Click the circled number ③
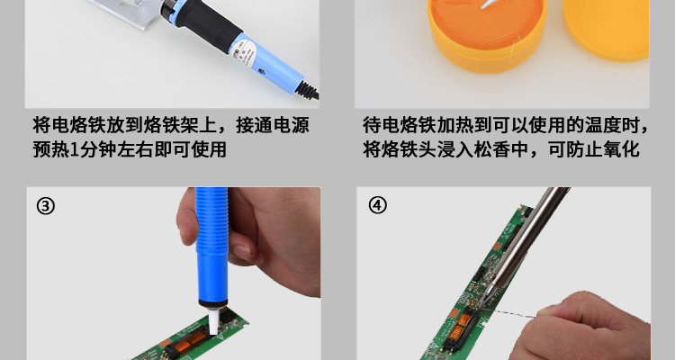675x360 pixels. tap(46, 206)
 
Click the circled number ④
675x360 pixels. tap(377, 205)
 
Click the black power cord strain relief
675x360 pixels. tap(307, 90)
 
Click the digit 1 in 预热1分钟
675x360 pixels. tap(74, 149)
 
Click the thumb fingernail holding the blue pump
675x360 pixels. tap(242, 252)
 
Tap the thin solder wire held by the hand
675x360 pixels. tap(510, 312)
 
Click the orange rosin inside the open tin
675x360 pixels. tap(487, 24)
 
